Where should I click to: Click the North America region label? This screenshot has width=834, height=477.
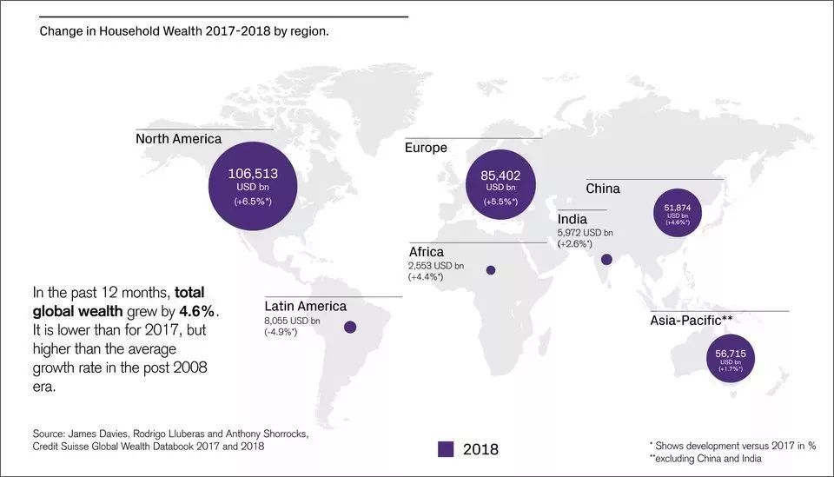tap(178, 139)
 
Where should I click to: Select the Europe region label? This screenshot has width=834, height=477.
tap(426, 148)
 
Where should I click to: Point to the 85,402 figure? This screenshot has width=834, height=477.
tap(500, 176)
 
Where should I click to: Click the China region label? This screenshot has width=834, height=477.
tap(603, 189)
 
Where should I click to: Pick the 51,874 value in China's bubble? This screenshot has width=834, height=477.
tap(678, 208)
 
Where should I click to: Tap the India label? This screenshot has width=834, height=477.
tap(573, 219)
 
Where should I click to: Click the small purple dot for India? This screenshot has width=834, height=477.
tap(606, 259)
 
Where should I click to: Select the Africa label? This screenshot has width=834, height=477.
tap(426, 252)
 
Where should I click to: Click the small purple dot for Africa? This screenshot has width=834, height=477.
tap(491, 270)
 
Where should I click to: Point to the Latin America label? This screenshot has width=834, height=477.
tap(305, 306)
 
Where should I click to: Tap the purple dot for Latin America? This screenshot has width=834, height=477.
tap(350, 328)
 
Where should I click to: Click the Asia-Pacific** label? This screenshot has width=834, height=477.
tap(692, 321)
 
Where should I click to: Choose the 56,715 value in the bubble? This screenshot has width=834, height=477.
tap(731, 354)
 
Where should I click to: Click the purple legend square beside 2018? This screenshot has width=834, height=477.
tap(446, 449)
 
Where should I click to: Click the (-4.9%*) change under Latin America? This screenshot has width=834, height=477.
tap(280, 333)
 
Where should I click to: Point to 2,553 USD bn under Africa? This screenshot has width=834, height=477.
tap(435, 265)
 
